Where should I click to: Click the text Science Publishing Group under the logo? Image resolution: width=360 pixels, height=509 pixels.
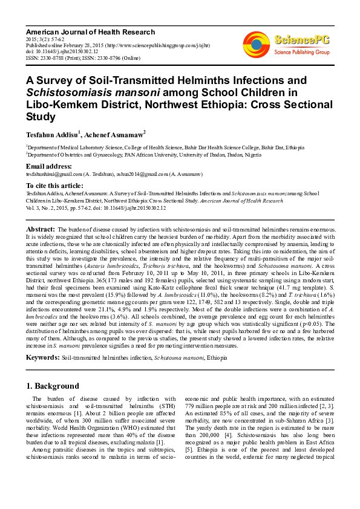[301, 53]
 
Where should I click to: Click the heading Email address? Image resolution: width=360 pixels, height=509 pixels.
[49, 166]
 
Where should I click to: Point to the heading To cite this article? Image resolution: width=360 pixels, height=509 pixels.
[55, 185]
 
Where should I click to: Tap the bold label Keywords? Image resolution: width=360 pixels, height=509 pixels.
[42, 358]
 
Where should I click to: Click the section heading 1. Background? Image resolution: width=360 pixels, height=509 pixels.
[53, 386]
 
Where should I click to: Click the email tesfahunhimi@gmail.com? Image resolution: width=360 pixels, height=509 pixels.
[50, 173]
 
